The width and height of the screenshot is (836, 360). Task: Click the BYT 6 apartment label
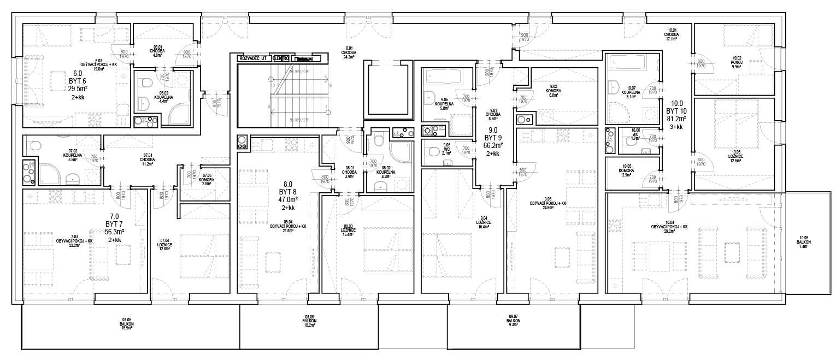[75, 80]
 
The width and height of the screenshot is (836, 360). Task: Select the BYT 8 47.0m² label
[288, 199]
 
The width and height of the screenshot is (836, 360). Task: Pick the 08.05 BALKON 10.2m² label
[309, 321]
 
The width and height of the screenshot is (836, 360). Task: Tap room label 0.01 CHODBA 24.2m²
[350, 52]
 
